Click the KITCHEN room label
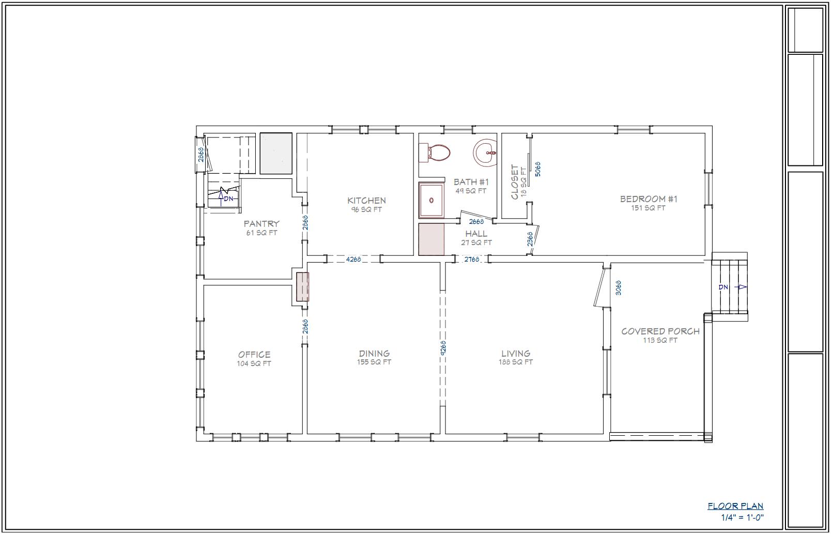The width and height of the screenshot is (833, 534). [366, 201]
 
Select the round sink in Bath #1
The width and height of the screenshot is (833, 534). [485, 152]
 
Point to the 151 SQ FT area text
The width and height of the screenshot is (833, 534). [648, 208]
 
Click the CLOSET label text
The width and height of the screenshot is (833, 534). [515, 182]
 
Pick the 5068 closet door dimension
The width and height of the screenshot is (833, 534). [537, 169]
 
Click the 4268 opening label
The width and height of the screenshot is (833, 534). [353, 259]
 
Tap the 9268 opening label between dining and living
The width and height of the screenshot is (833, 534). [443, 347]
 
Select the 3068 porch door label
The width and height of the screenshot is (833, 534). [618, 287]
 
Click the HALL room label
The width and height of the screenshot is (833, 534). [476, 234]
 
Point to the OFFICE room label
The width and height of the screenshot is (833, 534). [254, 355]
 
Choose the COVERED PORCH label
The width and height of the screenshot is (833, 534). [660, 331]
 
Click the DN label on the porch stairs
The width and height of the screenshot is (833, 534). [723, 287]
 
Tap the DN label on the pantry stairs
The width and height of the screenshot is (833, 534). [229, 199]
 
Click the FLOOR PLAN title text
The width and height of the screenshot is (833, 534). [735, 506]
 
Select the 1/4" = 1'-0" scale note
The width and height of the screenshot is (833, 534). [742, 517]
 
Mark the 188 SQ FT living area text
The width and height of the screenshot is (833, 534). [515, 362]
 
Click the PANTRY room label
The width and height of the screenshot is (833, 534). [261, 224]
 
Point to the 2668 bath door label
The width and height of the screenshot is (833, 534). [476, 222]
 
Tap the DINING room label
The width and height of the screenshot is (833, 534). [374, 354]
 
